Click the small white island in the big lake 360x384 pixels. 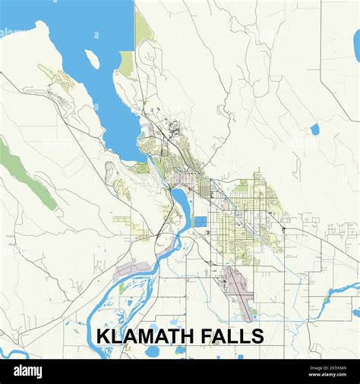click(x=92, y=58)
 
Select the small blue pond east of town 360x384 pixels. click(x=314, y=129)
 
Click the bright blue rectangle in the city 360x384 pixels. click(x=200, y=222)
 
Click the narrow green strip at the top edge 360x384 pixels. click(x=143, y=27)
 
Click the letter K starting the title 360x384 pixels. click(x=103, y=336)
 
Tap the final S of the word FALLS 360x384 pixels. click(x=258, y=336)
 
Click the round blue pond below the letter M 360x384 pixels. click(x=152, y=351)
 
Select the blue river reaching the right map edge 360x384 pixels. click(x=346, y=289)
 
